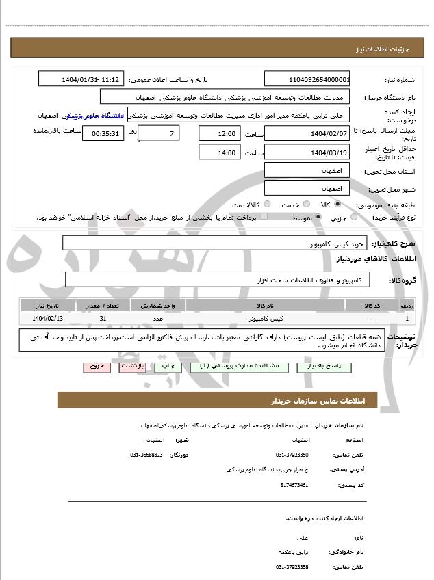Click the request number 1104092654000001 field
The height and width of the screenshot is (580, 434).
[307, 79]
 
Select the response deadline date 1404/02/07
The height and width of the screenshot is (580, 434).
[307, 133]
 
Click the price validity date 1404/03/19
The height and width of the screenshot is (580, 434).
[307, 153]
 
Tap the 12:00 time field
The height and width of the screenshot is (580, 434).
[219, 133]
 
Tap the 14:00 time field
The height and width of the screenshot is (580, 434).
[219, 153]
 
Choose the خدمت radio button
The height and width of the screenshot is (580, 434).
[305, 205]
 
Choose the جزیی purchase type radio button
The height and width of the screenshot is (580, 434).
[353, 217]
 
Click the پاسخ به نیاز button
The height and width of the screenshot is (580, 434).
[319, 367]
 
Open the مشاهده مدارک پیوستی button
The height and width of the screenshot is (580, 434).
[238, 367]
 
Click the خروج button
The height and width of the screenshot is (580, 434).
[96, 367]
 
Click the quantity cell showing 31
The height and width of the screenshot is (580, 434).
[103, 319]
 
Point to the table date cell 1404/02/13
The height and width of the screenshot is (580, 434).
[47, 319]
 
